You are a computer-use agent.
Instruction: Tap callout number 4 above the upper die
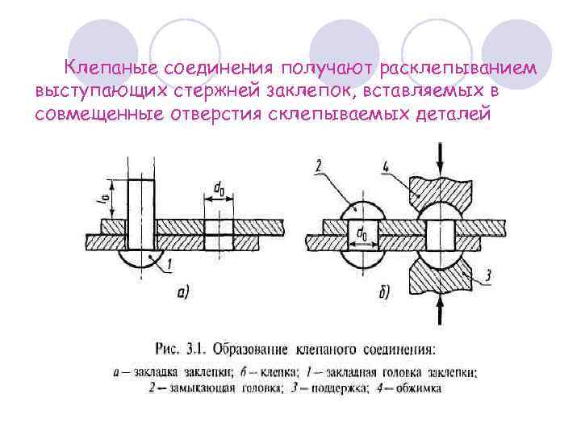point(387,168)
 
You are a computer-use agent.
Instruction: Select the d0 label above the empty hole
point(219,190)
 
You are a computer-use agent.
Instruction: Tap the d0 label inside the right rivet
point(361,236)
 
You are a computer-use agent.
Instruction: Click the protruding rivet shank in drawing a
point(141,199)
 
